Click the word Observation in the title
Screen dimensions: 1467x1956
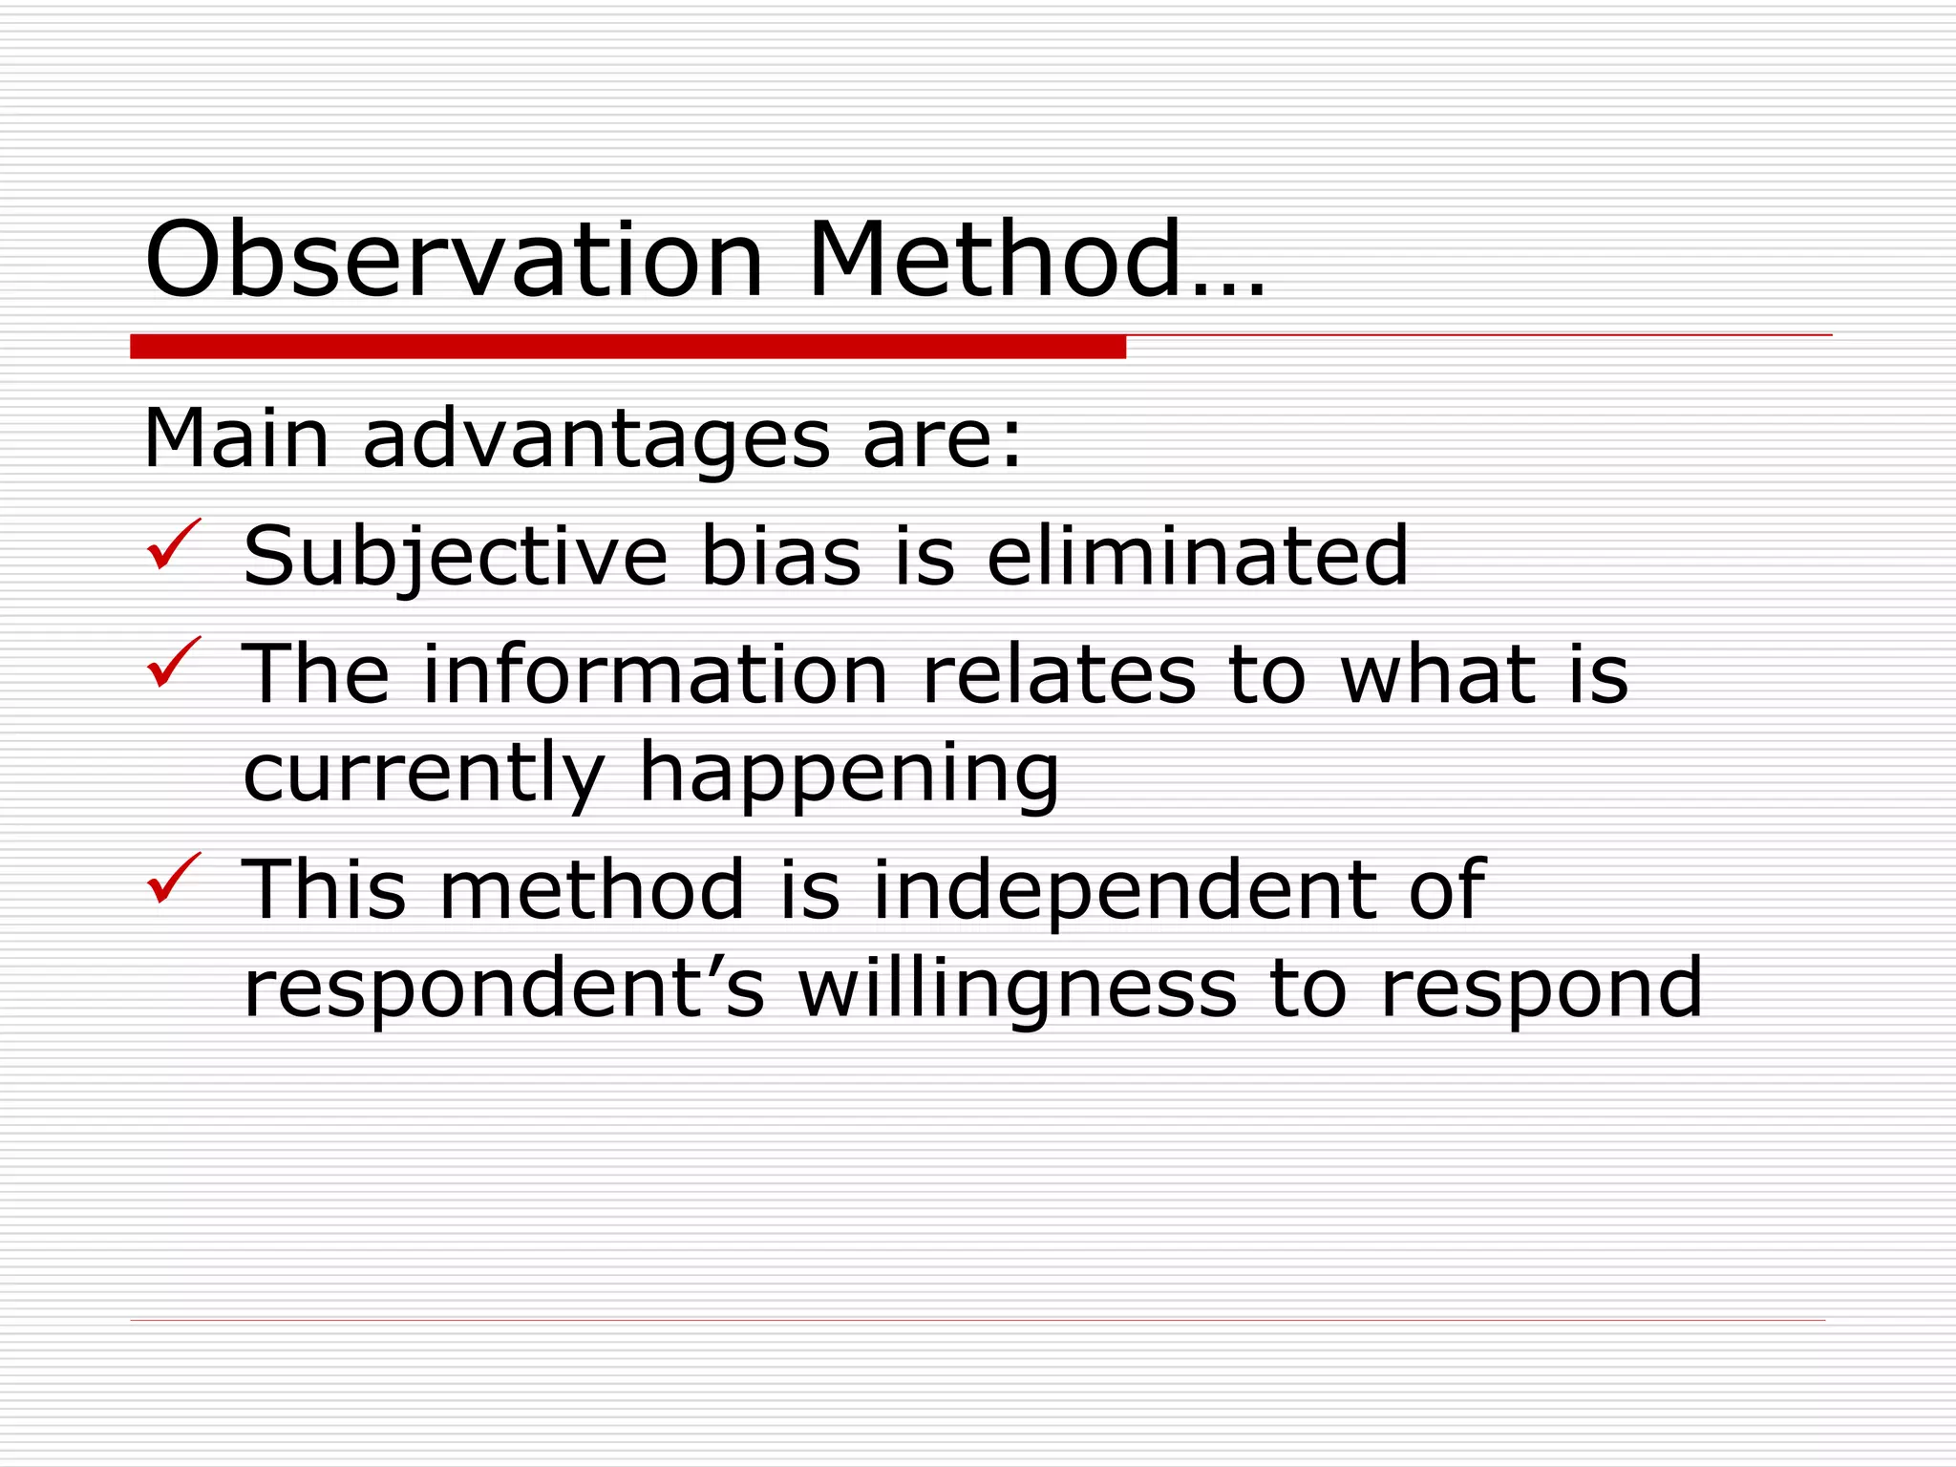(454, 260)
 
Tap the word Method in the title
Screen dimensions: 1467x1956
(994, 260)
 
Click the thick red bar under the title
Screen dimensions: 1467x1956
(627, 347)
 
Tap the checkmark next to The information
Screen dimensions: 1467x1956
(174, 663)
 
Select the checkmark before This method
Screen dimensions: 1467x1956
(174, 879)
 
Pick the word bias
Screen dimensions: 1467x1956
(780, 556)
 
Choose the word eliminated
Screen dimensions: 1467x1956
(1197, 556)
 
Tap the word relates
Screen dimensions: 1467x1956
(1058, 674)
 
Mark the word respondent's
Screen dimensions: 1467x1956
(504, 989)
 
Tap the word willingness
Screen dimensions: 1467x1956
(1018, 989)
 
